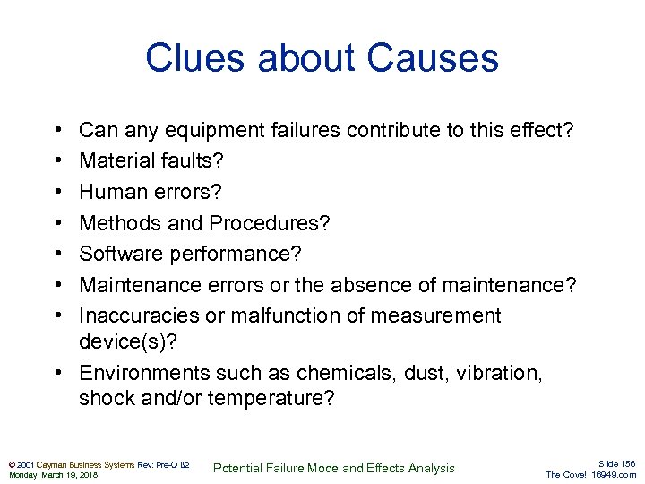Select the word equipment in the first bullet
[210, 131]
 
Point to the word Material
[116, 162]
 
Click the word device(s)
[125, 342]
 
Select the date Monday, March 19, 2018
[53, 475]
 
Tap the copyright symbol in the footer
[10, 464]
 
